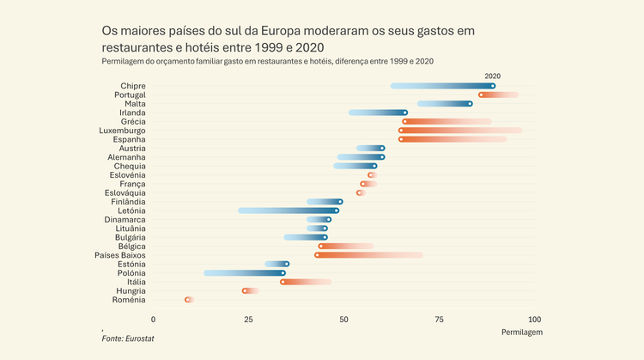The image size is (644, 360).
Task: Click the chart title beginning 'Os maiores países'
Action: [288, 38]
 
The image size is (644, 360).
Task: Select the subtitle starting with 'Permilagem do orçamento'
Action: [267, 62]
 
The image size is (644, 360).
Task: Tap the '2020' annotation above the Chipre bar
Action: [493, 76]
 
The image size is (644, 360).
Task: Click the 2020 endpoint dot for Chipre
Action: [493, 86]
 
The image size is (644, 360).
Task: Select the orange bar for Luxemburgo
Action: [460, 131]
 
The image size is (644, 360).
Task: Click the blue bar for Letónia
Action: [289, 211]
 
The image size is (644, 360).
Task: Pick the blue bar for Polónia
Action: [245, 273]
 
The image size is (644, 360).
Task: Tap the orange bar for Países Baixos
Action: [369, 255]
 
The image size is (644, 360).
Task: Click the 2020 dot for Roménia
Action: [187, 300]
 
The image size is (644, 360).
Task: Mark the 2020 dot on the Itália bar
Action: [283, 282]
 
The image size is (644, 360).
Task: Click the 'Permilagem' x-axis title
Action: [520, 332]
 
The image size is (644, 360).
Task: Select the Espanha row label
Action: [129, 139]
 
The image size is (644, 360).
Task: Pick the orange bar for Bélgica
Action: [346, 247]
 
